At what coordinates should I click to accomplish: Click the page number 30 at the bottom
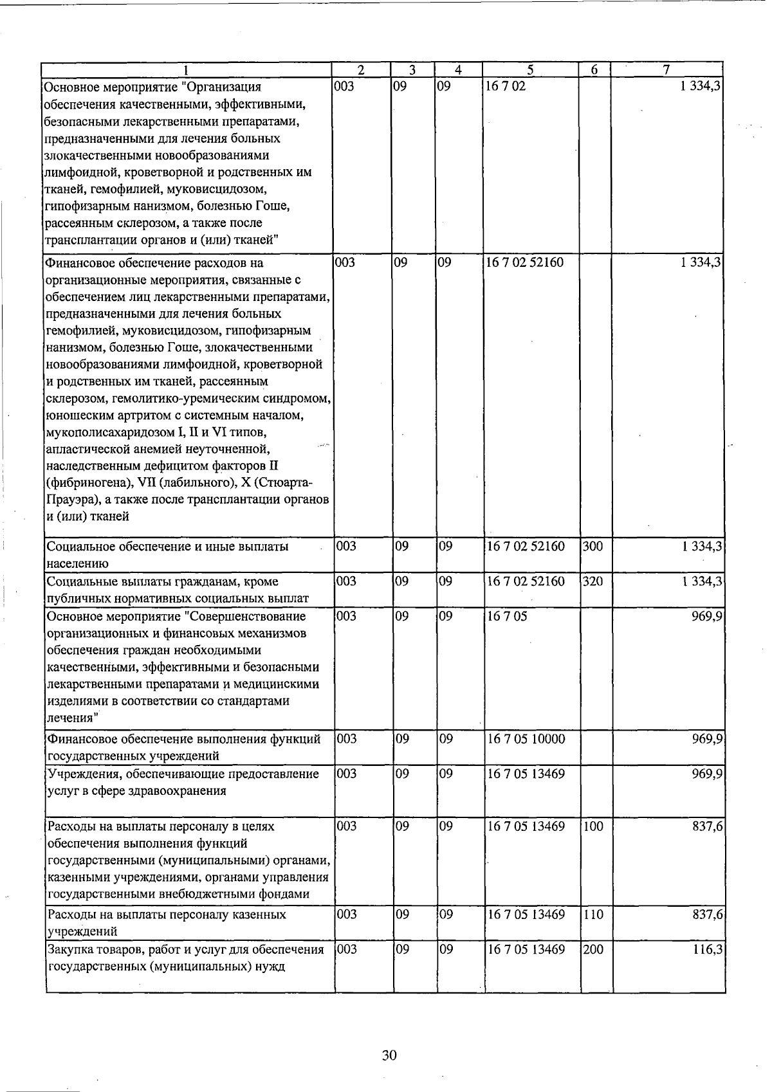tap(389, 1055)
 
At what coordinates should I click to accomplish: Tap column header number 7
tap(667, 69)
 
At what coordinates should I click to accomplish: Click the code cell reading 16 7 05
tap(506, 616)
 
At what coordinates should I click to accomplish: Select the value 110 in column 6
tap(593, 914)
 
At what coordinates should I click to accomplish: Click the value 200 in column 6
tap(593, 949)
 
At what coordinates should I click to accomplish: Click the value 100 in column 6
tap(593, 826)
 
